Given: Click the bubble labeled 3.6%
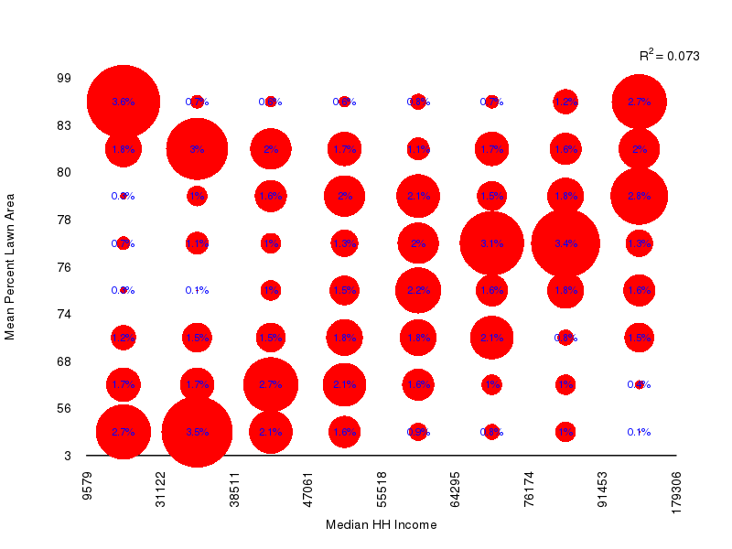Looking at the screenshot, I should tap(124, 102).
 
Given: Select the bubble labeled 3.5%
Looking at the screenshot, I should tap(197, 432).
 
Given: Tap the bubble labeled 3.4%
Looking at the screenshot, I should tap(565, 243).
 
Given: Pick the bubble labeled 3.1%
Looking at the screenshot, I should tap(491, 243).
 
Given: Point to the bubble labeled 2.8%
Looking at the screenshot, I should tap(639, 196).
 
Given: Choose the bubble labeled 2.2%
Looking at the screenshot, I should tap(418, 291).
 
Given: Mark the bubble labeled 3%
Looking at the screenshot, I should tap(197, 149).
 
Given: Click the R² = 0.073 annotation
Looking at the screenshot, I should tap(669, 56).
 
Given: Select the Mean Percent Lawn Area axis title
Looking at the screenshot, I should tap(10, 266).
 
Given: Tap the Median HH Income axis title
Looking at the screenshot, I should tap(381, 525).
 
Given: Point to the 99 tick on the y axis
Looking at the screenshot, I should tap(64, 78).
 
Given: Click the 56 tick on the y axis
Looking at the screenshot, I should tap(64, 408).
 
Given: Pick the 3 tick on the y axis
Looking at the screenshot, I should tap(67, 455).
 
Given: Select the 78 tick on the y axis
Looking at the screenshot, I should tap(64, 220).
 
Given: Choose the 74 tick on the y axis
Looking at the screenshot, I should tap(64, 314).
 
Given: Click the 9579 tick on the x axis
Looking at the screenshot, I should tap(87, 490).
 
